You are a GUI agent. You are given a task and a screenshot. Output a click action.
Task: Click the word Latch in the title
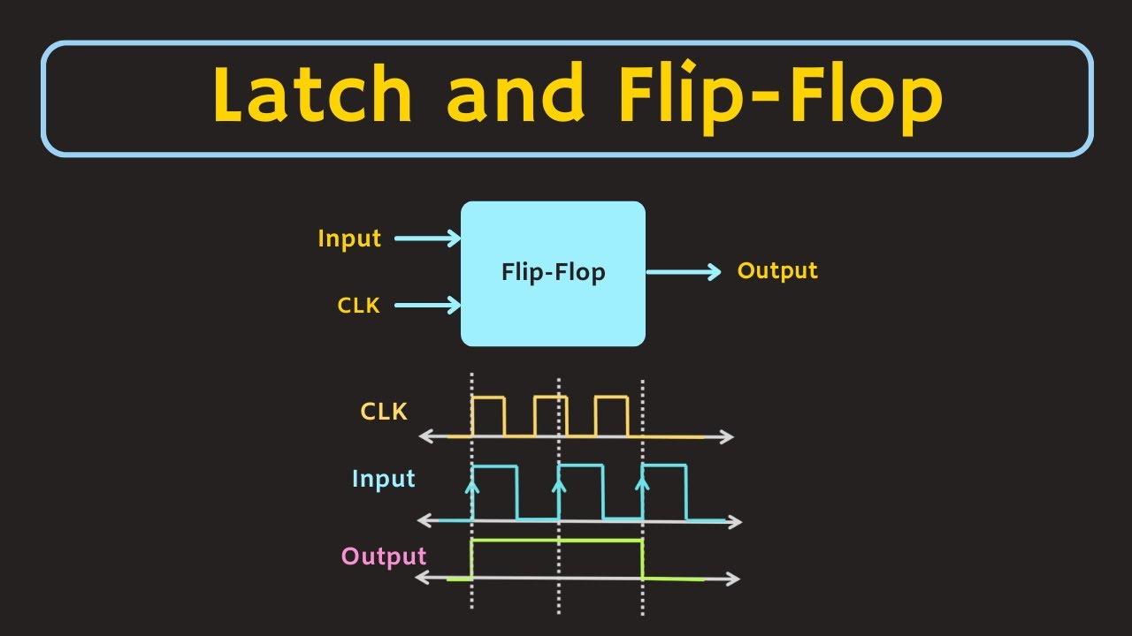[x=312, y=95]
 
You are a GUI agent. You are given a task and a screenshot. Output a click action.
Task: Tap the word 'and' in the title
[x=514, y=95]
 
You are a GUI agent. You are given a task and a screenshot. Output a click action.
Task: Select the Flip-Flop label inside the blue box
[x=553, y=272]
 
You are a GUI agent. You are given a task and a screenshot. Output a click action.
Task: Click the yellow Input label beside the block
[x=349, y=238]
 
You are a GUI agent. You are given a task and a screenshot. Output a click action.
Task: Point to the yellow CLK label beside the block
[x=358, y=306]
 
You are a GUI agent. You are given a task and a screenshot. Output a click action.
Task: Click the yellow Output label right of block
[x=777, y=271]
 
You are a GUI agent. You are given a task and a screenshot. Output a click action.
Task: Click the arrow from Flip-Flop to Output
[x=684, y=272]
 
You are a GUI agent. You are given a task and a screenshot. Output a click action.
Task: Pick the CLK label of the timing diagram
[x=384, y=412]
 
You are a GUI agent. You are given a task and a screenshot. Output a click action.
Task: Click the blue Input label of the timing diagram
[x=383, y=479]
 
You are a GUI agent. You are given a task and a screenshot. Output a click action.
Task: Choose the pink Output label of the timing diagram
[x=384, y=556]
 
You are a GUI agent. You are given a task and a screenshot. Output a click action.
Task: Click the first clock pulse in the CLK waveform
[x=488, y=415]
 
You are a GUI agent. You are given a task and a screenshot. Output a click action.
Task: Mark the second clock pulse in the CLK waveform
[x=550, y=415]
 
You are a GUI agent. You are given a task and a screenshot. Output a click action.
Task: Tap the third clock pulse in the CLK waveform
[x=611, y=415]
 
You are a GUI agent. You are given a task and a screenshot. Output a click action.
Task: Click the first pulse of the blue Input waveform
[x=495, y=491]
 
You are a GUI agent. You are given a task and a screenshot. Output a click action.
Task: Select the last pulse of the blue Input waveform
[x=665, y=491]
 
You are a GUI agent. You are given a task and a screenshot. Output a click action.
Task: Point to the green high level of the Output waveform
[x=557, y=540]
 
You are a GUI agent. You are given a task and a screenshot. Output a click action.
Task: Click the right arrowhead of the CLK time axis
[x=727, y=436]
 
